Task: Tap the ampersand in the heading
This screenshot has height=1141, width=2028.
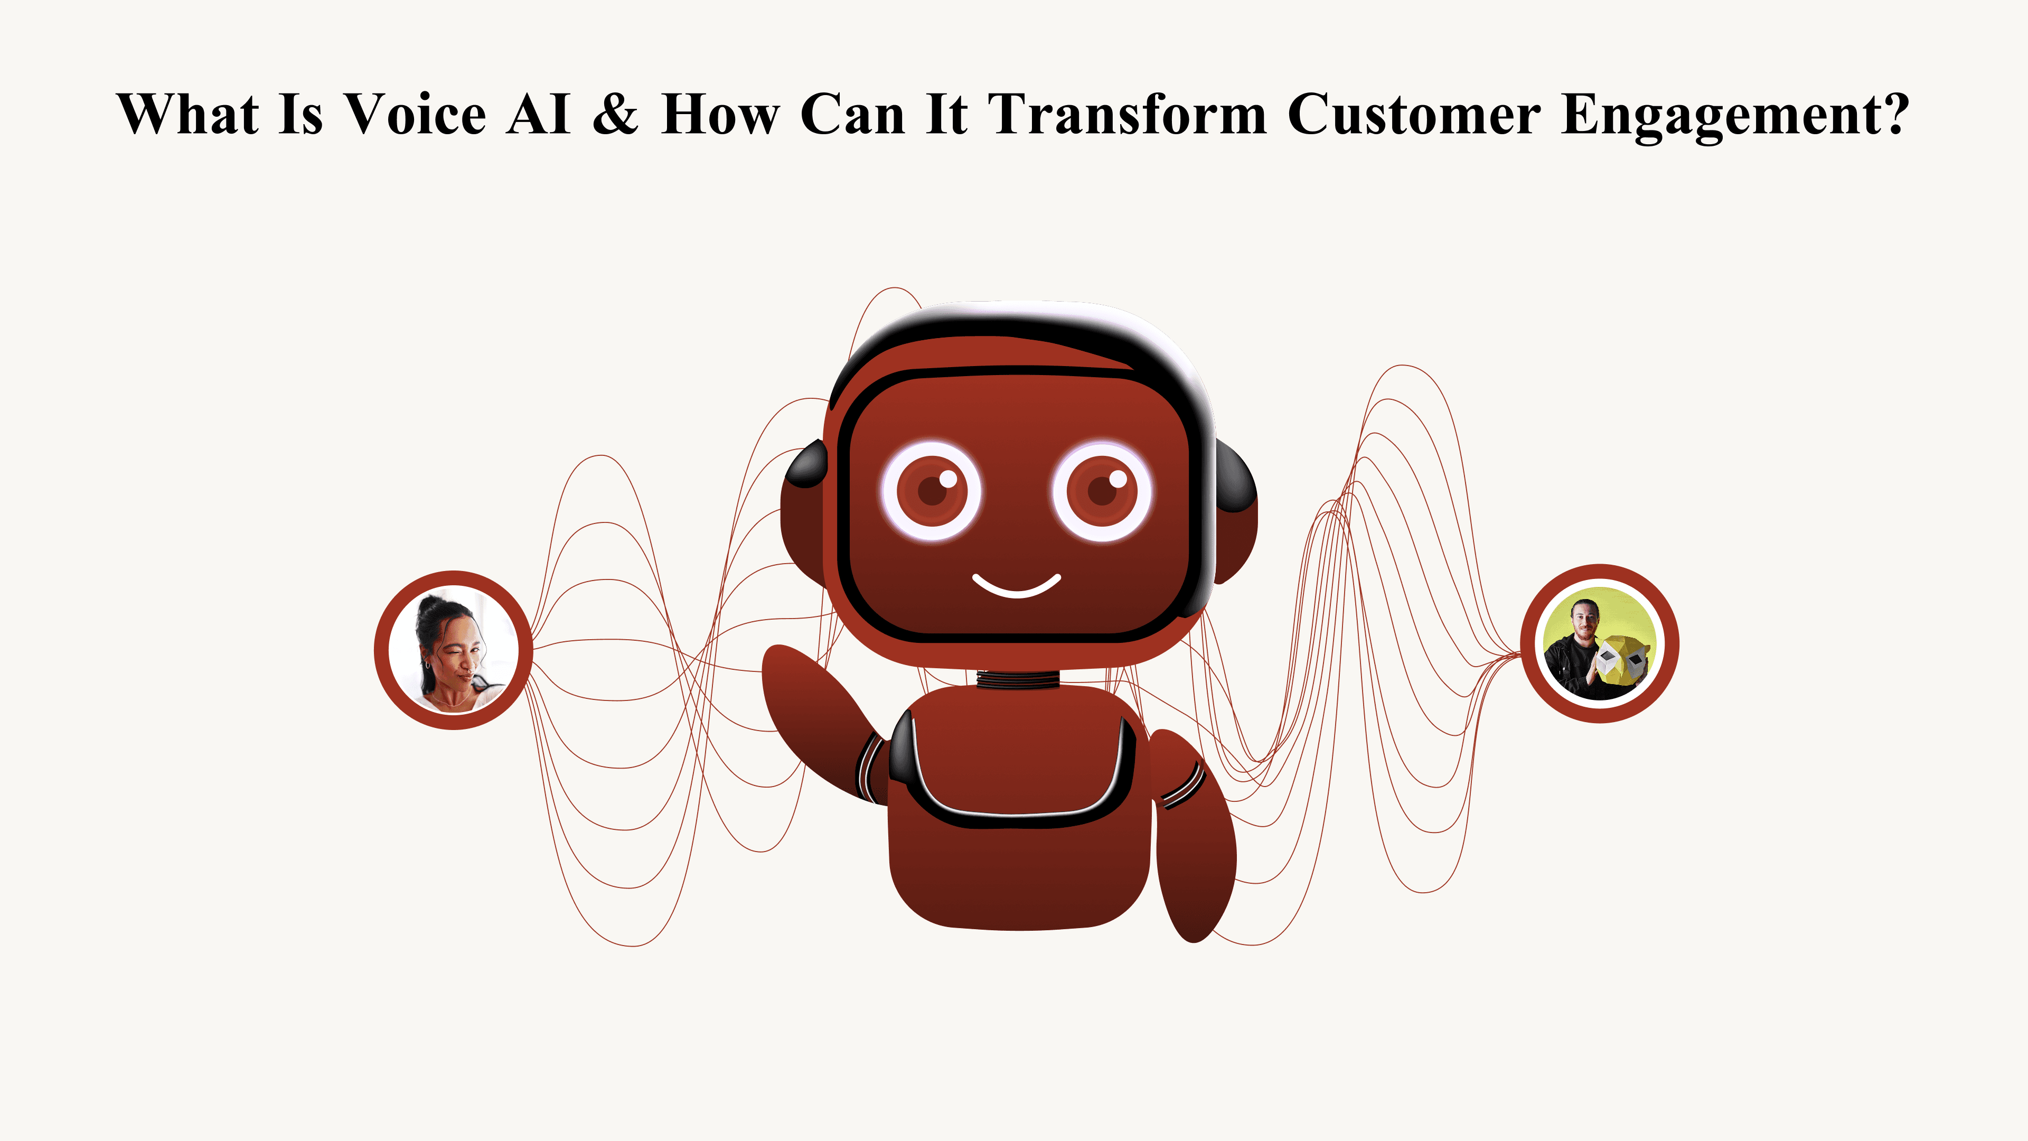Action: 616,115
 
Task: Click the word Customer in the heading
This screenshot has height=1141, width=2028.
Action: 1414,115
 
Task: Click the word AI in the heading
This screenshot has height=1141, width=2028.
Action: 539,115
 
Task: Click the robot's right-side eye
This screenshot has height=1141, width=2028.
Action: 1102,491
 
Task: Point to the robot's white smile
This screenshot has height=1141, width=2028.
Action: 1016,587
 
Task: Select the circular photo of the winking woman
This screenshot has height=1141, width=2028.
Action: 454,650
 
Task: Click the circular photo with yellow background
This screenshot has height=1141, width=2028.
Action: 1599,643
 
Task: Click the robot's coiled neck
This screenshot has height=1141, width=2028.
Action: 1016,679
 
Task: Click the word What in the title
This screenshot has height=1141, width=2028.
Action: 188,115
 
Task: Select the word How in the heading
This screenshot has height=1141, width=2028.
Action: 719,115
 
